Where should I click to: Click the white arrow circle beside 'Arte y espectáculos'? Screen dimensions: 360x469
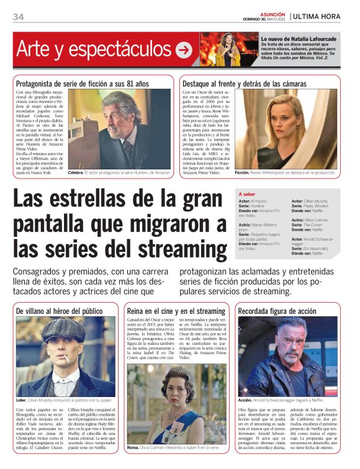184,50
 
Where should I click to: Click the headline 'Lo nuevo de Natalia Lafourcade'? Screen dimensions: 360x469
297,38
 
